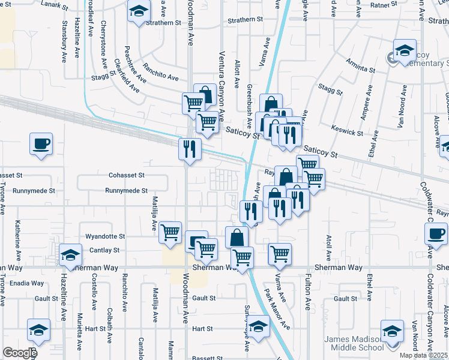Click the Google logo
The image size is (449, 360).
point(19,353)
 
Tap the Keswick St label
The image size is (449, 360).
point(347,130)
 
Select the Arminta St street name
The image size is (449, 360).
point(361,66)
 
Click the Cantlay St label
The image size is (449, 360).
point(104,250)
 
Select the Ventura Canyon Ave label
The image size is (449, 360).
point(221,87)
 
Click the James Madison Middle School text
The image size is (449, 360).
point(354,343)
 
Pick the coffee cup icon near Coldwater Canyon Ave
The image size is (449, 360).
point(436,233)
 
